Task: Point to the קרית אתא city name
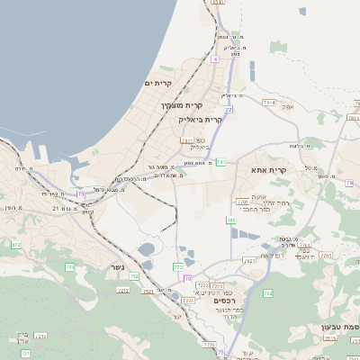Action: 270,169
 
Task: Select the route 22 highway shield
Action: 229,110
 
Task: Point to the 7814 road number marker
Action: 268,103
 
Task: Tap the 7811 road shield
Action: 186,140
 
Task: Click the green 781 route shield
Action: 220,161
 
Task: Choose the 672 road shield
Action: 15,244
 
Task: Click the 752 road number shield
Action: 133,276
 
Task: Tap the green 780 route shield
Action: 231,219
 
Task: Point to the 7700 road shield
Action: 241,201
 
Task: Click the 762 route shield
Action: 266,292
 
